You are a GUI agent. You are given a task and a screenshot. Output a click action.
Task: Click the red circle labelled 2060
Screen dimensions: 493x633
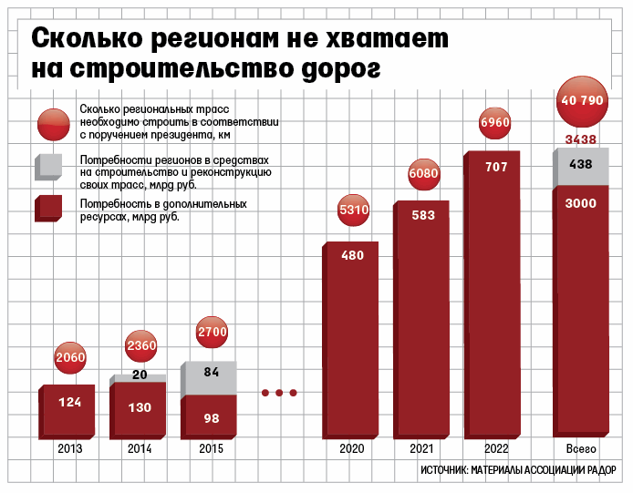coord(70,357)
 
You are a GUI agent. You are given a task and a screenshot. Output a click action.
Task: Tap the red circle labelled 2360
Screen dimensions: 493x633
coord(140,345)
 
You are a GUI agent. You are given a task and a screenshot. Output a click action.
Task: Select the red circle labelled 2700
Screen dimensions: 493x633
coord(212,332)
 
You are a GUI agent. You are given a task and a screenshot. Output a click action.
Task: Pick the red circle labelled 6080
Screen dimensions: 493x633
coord(424,172)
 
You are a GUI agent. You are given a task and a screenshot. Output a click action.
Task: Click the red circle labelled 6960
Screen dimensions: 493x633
coord(494,122)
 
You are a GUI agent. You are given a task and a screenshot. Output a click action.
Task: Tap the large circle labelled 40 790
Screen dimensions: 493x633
coord(582,100)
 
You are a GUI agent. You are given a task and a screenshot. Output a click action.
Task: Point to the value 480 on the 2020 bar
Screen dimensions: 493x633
coord(352,256)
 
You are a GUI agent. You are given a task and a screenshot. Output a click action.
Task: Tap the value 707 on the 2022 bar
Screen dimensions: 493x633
coord(495,167)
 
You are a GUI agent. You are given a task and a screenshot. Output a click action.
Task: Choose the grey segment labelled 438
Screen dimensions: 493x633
coord(581,164)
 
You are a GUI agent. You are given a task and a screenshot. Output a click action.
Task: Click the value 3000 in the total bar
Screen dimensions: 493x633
coord(581,202)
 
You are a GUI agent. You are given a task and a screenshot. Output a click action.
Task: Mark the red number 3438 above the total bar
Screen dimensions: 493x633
coord(581,139)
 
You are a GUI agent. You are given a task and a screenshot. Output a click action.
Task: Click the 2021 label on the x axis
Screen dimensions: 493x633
coord(422,449)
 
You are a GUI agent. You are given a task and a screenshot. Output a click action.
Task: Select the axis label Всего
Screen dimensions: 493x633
coord(581,449)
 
